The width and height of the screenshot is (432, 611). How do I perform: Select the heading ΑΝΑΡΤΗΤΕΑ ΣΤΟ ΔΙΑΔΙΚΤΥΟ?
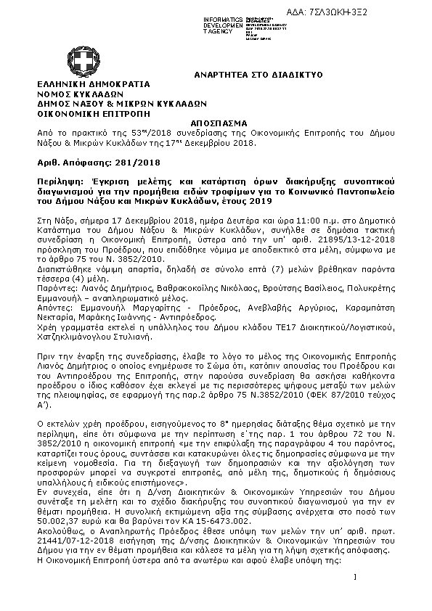[x=248, y=75]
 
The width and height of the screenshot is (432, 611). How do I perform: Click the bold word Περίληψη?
[x=58, y=179]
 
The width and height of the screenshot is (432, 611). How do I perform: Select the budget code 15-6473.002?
[x=226, y=520]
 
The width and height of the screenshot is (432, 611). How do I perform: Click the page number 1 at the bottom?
[x=356, y=596]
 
